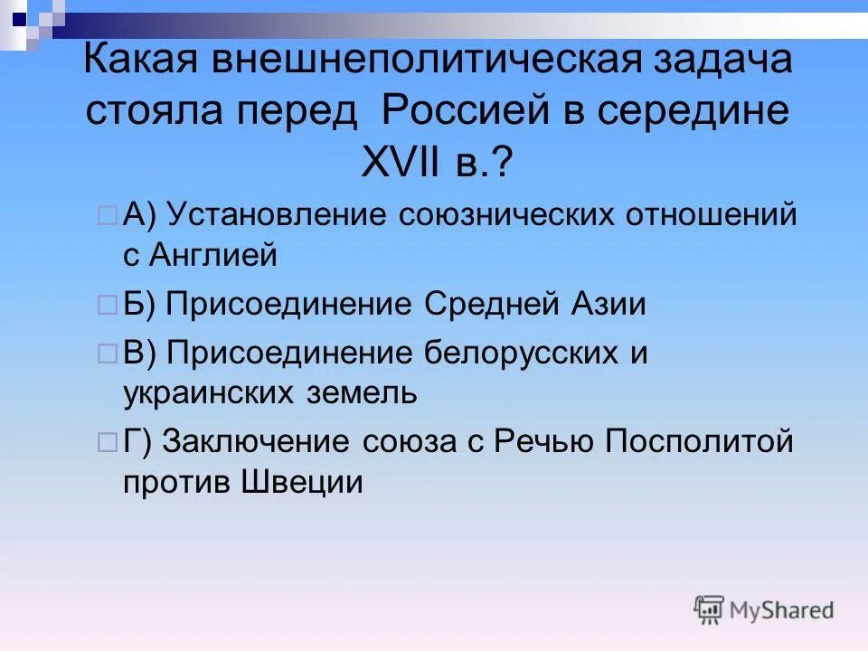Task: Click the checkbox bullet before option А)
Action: tap(106, 217)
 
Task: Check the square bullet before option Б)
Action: tap(106, 306)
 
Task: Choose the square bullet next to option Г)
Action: tap(106, 442)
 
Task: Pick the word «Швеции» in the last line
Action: tap(303, 482)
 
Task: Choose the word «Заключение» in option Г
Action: tap(263, 442)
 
